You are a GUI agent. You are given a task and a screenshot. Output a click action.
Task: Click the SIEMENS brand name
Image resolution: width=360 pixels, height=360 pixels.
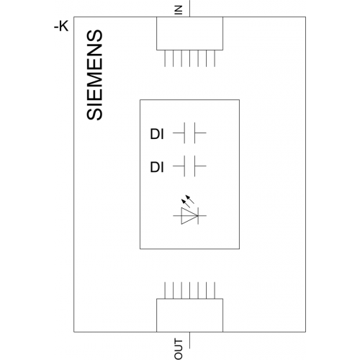tap(94, 75)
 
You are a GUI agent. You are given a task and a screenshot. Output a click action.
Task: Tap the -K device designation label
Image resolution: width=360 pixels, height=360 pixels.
tap(61, 26)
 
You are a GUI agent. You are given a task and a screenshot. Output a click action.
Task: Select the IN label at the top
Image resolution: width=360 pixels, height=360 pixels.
tap(179, 10)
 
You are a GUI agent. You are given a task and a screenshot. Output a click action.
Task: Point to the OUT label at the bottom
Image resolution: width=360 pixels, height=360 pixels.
tap(179, 348)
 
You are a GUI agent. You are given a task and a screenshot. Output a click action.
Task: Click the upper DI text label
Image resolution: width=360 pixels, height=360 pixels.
tap(157, 134)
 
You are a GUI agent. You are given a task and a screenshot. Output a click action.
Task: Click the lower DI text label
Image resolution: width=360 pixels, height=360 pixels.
tap(157, 167)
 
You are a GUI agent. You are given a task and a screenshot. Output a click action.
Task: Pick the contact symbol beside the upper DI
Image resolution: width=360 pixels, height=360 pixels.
tap(189, 132)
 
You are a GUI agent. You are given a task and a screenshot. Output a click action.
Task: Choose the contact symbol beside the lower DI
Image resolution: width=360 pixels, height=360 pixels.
tap(189, 166)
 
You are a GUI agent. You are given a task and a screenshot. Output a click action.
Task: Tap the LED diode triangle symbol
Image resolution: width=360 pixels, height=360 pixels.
tap(189, 216)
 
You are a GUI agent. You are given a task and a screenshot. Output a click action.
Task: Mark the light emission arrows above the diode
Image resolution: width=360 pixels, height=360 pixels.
tap(188, 201)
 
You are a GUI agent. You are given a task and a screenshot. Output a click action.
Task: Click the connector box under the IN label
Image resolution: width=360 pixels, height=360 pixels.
tap(189, 33)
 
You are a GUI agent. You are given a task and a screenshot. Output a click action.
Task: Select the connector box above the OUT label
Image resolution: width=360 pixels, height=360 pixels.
tap(189, 315)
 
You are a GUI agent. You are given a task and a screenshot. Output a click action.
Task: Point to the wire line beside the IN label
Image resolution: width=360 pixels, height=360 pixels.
tap(189, 9)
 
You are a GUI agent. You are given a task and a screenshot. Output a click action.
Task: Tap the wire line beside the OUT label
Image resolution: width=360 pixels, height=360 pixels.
tap(189, 340)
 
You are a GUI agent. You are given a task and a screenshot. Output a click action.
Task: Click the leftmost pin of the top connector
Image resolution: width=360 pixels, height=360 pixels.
tap(165, 58)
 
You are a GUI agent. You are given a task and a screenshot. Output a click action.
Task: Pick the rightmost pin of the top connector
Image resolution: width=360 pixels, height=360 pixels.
tap(215, 58)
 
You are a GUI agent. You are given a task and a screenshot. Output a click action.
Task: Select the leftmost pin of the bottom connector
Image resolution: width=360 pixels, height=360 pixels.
tap(165, 290)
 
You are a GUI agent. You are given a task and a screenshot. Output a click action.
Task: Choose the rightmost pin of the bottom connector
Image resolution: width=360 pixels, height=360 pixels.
tap(215, 290)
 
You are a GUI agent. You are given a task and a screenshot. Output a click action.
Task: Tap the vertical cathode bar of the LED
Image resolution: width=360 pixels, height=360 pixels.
tap(198, 216)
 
